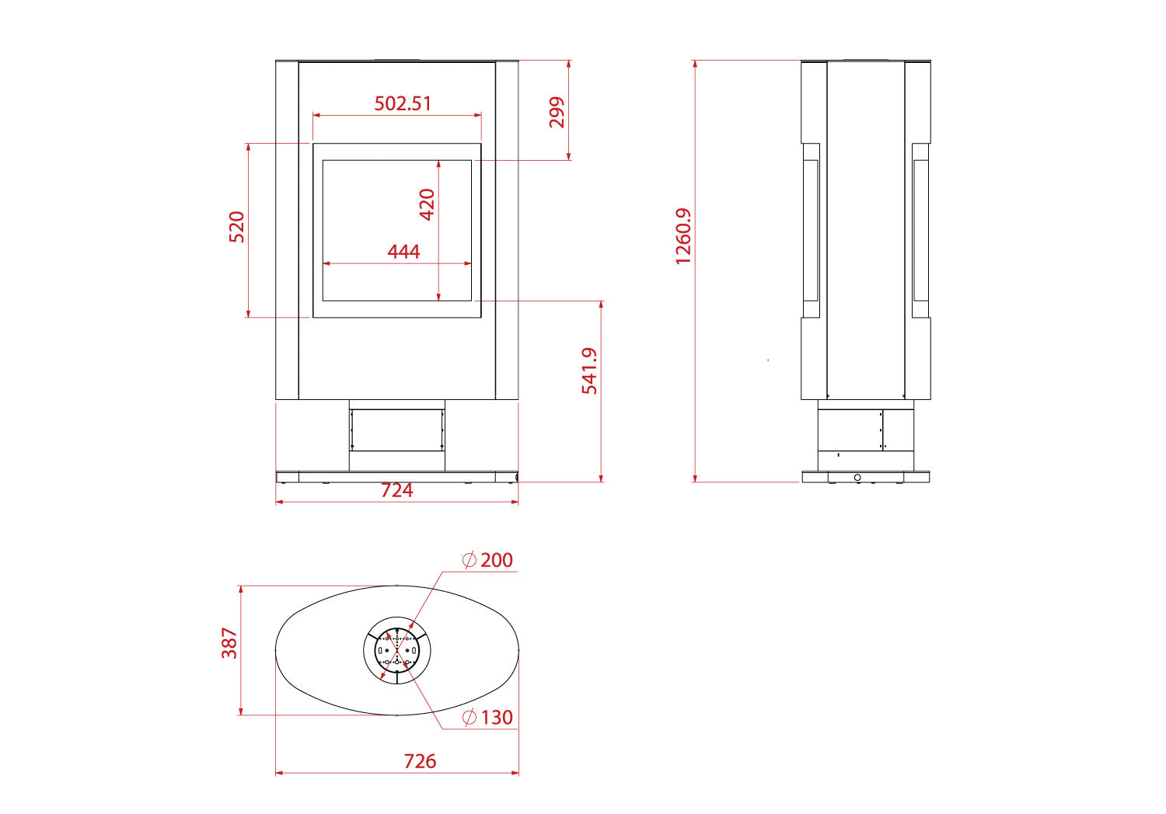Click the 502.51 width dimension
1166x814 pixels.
coord(403,103)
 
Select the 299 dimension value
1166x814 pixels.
coord(557,112)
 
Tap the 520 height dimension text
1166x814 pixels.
coord(237,227)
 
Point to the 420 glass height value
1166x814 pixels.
coord(428,204)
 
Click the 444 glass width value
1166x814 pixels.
coord(403,252)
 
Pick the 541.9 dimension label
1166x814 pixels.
coord(590,370)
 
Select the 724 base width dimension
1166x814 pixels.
coord(396,490)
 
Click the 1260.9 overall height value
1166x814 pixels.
coord(683,236)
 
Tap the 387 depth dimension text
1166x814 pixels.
coord(229,643)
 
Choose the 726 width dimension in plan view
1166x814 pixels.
coord(420,761)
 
